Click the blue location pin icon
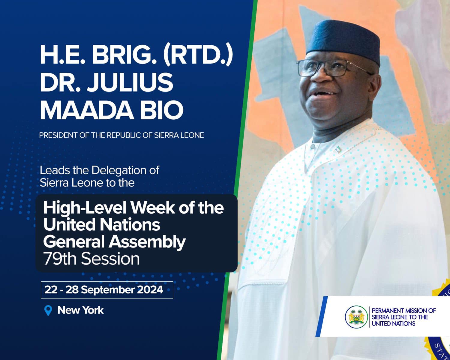point(48,310)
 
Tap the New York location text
point(80,310)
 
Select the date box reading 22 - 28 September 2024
point(107,290)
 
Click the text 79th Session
point(91,259)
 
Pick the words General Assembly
point(114,242)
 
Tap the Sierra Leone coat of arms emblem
point(356,317)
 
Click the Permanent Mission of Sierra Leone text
point(403,317)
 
